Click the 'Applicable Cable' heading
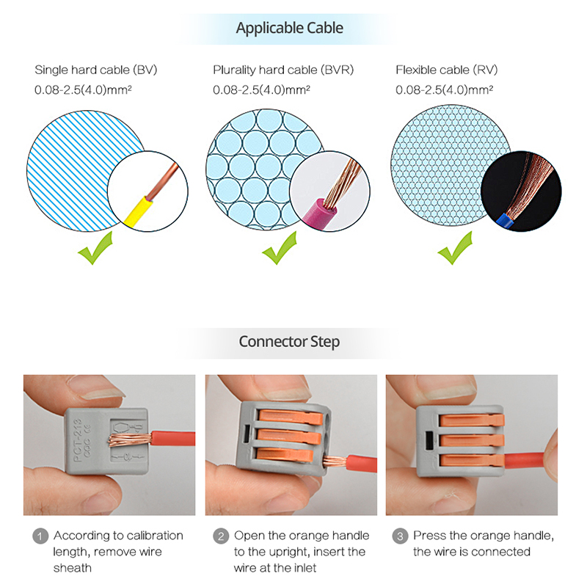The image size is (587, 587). pos(289,28)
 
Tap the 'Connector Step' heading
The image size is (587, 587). pos(289,342)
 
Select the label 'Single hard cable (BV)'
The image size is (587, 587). pos(96,70)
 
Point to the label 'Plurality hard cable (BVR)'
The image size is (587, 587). pos(283,70)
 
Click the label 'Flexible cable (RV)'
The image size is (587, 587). pos(447,70)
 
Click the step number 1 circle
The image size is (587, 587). pos(40,536)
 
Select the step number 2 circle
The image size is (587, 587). pos(221,536)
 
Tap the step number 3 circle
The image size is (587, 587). pos(400,536)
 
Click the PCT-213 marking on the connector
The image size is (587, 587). pos(78,440)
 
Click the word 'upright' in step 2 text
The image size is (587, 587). pos(289,553)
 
